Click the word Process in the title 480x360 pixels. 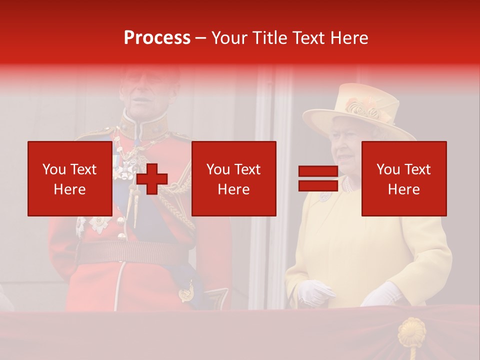coord(157,37)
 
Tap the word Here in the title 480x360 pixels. coord(349,37)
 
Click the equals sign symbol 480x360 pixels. coord(318,178)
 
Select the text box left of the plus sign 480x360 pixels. coord(69,178)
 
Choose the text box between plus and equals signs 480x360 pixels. coord(233,178)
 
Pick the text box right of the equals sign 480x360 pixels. coord(403,178)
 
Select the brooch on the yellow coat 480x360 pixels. coord(325,196)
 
